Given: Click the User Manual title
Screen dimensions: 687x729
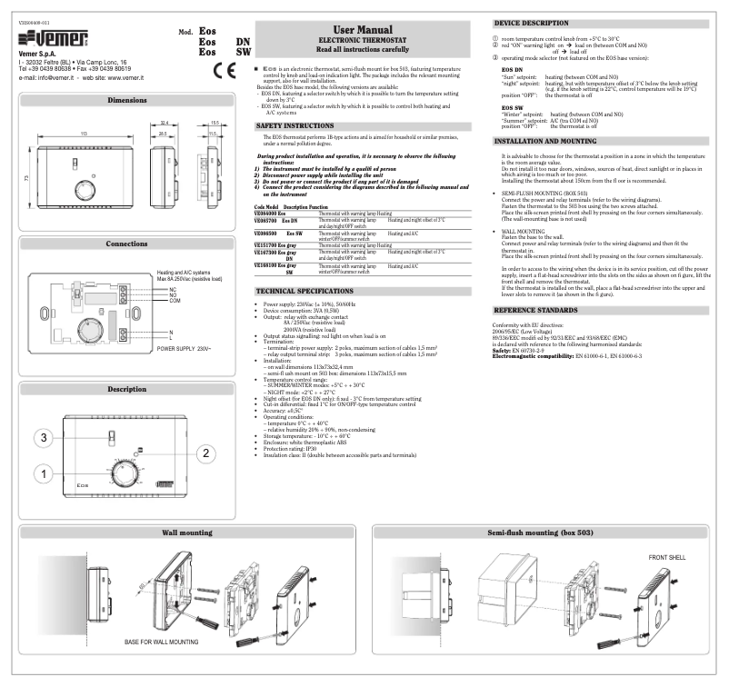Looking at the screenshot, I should point(362,31).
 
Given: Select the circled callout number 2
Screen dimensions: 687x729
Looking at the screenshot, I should point(206,452).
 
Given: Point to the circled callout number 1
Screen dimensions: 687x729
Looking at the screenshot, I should point(42,473).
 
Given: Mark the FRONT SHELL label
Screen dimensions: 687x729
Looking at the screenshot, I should point(668,556).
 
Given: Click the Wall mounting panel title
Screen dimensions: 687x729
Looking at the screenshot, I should point(187,532).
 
